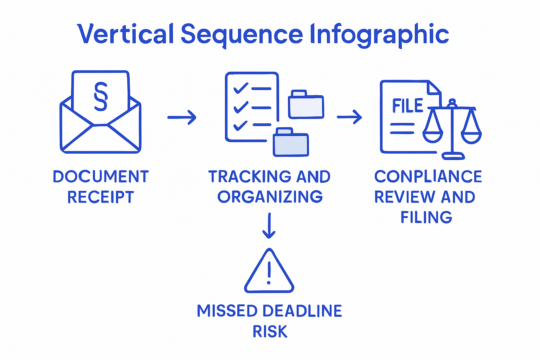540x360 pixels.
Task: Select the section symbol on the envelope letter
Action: point(101,96)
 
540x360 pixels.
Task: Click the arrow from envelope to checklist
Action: point(181,117)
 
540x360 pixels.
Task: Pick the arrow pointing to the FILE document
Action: point(349,117)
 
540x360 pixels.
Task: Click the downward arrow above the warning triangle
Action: point(269,225)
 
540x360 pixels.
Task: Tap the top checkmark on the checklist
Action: point(241,88)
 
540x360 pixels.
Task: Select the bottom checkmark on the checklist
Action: point(240,125)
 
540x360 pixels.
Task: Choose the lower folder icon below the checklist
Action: point(291,142)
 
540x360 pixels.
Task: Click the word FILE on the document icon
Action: point(407,106)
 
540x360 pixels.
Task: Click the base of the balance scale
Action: point(453,156)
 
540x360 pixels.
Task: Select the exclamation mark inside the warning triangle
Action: point(269,273)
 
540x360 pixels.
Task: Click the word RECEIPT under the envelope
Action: point(101,197)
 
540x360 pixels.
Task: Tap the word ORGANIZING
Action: point(270,197)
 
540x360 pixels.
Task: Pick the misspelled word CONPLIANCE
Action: point(428,176)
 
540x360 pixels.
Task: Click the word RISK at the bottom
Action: point(270,332)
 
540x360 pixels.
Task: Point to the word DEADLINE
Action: point(302,311)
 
